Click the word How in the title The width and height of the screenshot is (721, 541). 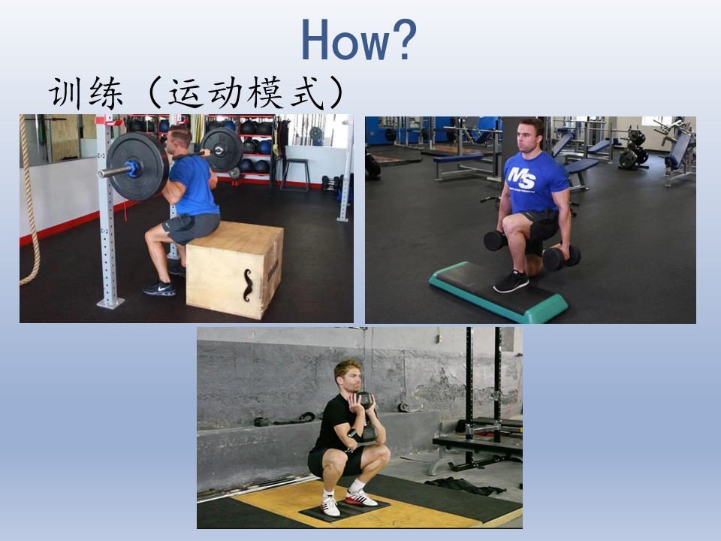(x=345, y=40)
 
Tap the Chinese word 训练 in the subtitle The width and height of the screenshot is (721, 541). (x=86, y=93)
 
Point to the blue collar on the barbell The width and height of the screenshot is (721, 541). (x=134, y=169)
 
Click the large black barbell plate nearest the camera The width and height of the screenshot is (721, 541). (x=138, y=166)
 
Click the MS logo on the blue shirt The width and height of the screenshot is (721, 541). (x=521, y=177)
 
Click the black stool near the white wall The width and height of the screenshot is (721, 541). (x=295, y=174)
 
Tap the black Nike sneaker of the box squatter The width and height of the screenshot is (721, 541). (x=159, y=289)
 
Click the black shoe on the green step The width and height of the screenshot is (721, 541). (x=511, y=282)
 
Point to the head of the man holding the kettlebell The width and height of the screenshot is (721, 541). (x=348, y=376)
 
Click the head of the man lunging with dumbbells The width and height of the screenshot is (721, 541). (x=531, y=135)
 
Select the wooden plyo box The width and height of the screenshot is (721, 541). (x=234, y=269)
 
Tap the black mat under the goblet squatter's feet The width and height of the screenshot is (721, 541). (x=344, y=509)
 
